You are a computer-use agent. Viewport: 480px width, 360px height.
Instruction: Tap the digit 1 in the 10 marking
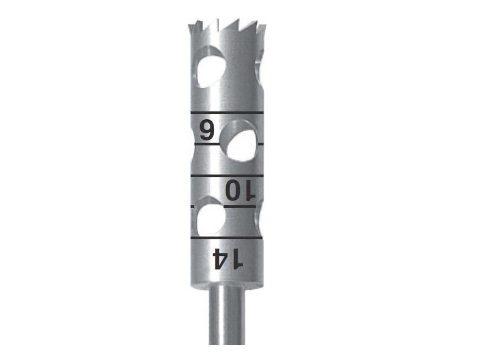point(249,190)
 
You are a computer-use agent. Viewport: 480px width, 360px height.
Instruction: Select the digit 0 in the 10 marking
point(233,190)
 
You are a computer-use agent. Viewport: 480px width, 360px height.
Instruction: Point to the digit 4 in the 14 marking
point(221,258)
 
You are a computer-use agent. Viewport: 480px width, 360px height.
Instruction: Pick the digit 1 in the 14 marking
point(237,258)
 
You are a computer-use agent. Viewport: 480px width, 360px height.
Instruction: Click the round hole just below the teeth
point(210,67)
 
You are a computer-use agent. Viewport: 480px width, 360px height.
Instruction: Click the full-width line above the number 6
point(227,113)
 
